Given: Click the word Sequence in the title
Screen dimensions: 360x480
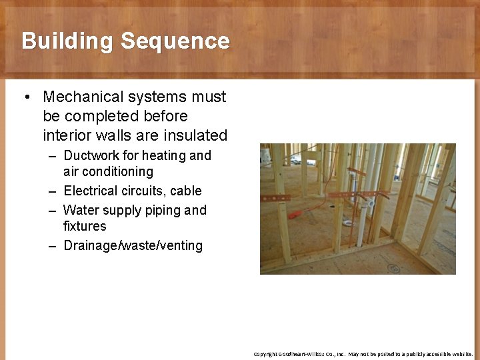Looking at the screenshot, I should tap(175, 41).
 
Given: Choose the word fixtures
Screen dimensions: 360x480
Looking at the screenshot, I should tap(85, 227).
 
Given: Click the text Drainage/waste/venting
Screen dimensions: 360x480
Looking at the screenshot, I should tap(133, 246).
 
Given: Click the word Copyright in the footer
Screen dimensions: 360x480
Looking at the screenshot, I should tap(264, 354).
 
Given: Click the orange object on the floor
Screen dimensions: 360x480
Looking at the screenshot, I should tap(294, 215).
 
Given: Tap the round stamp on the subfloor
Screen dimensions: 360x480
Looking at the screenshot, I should tap(394, 269).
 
